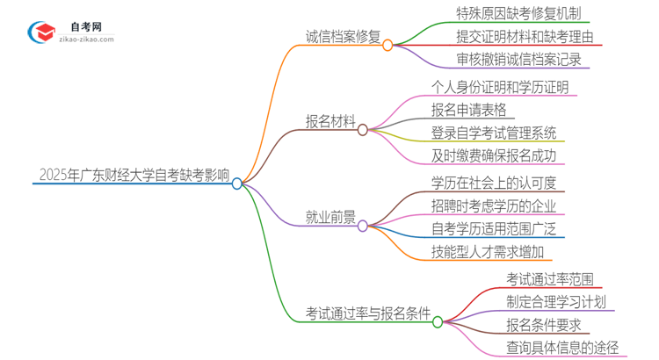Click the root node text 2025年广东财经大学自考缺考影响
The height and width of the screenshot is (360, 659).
134,175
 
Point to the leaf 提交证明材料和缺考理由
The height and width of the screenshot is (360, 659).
518,38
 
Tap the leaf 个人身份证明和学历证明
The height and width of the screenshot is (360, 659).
500,87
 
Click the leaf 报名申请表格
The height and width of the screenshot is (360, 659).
470,111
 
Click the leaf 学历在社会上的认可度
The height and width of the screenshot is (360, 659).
494,183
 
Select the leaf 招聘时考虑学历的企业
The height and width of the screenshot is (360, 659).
494,206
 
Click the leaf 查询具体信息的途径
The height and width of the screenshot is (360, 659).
562,349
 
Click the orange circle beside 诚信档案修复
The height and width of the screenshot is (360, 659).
387,44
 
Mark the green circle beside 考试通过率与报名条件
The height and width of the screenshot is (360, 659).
438,321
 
